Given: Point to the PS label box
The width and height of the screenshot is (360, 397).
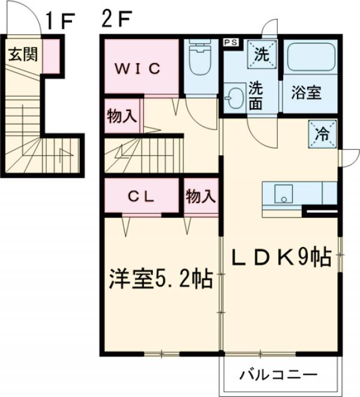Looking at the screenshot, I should pyautogui.click(x=230, y=43).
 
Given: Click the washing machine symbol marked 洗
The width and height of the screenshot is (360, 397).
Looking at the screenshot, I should pyautogui.click(x=263, y=53).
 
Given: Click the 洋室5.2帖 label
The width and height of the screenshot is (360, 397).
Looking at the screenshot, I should pyautogui.click(x=160, y=279).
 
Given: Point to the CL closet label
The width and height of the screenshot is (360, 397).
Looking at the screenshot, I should pyautogui.click(x=142, y=196).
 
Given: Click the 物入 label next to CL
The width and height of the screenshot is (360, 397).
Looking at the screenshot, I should pyautogui.click(x=200, y=196).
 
